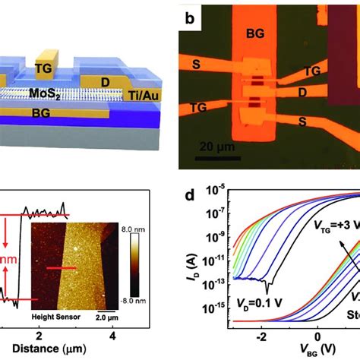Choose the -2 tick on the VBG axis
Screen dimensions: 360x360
(x=264, y=339)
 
